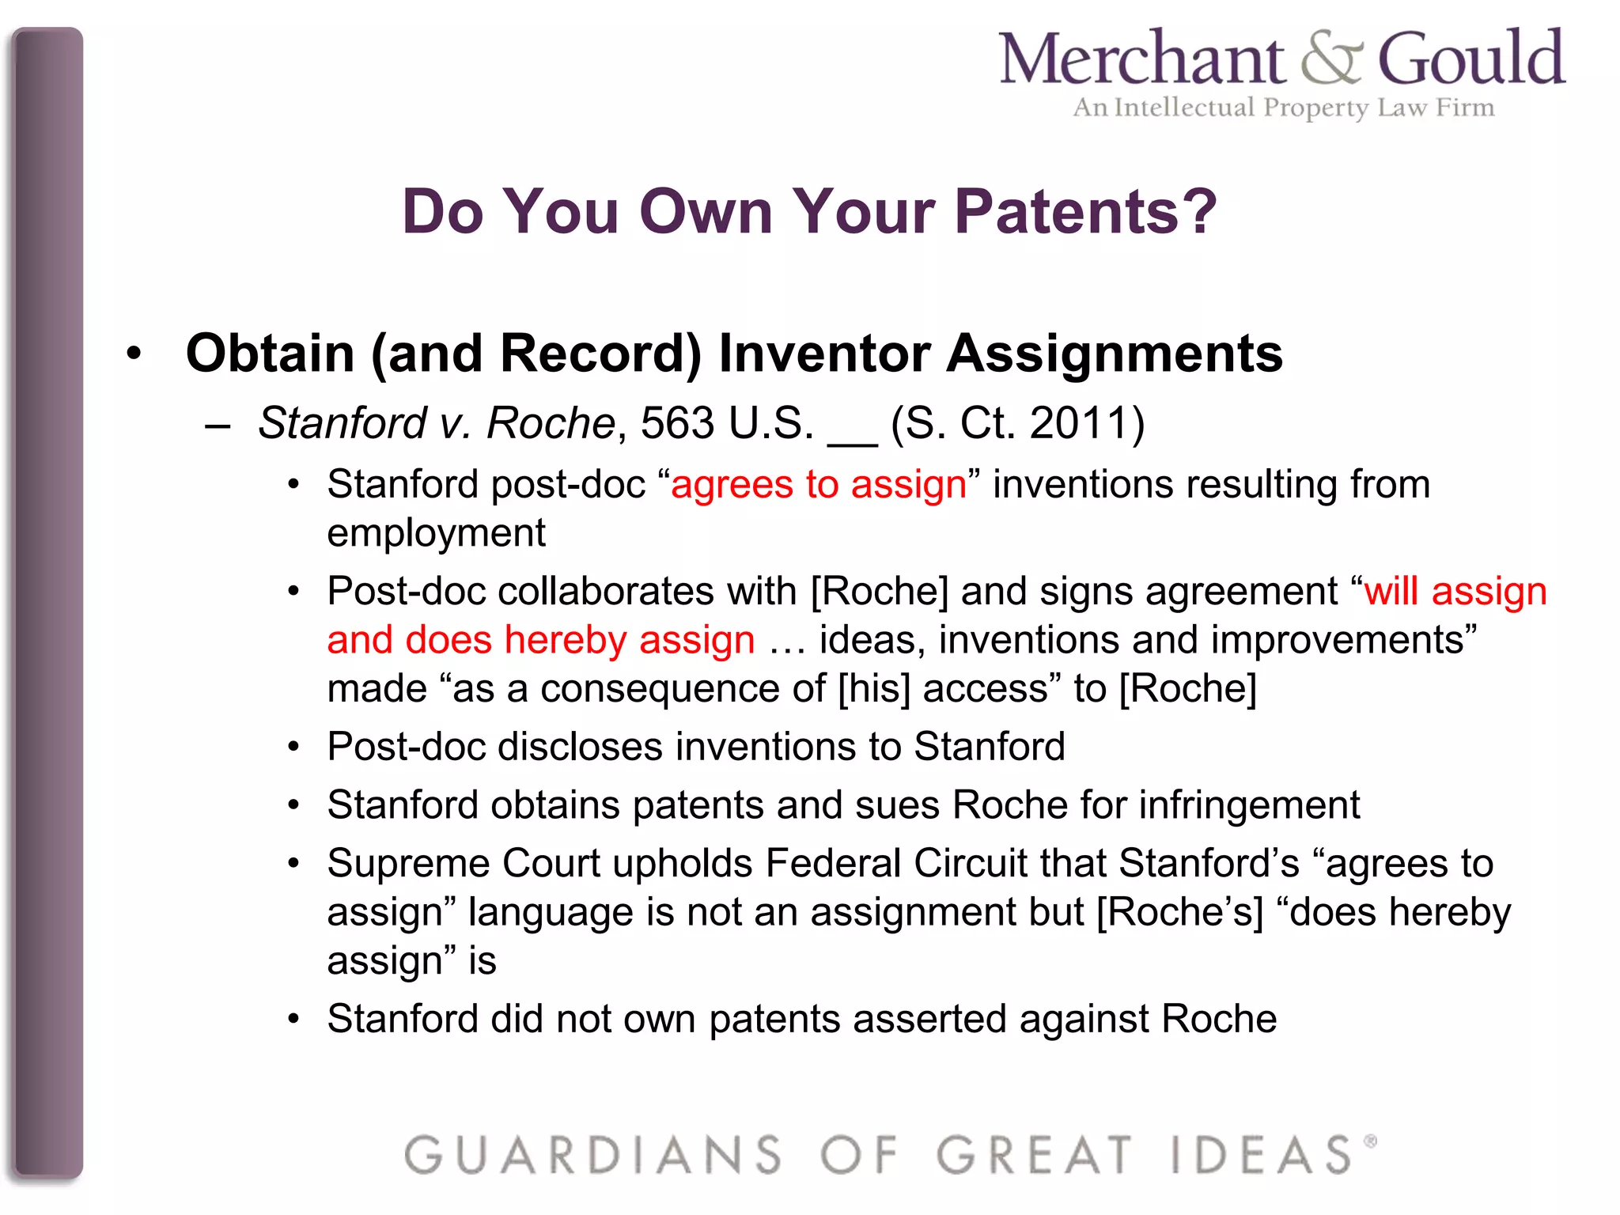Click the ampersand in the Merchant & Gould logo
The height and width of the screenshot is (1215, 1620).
(x=1332, y=59)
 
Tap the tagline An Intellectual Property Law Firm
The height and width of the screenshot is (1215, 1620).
(x=1283, y=108)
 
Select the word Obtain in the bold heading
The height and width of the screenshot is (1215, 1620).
(x=270, y=353)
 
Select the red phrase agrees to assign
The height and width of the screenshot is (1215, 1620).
(x=819, y=484)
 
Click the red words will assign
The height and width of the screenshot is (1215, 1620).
(x=1455, y=592)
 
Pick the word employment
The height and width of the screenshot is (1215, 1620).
(x=436, y=533)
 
